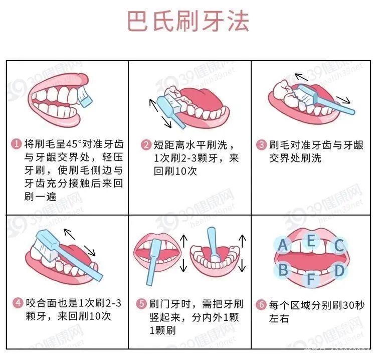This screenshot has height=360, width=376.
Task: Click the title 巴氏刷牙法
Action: [188, 22]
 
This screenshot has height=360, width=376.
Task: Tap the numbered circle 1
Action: [17, 144]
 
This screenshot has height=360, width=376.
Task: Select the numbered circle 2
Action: [146, 145]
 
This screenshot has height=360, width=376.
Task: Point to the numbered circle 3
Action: [261, 144]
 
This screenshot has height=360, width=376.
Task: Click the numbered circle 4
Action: [18, 303]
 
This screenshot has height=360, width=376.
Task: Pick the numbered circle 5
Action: [141, 304]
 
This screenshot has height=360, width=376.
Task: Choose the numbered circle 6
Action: [261, 305]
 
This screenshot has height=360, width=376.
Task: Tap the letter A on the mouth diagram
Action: [283, 245]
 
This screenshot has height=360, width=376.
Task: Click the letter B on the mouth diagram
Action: [283, 270]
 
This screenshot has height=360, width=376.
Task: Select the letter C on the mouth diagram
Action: [339, 245]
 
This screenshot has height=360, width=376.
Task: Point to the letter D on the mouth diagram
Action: [339, 270]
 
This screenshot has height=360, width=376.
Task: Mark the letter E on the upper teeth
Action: [311, 241]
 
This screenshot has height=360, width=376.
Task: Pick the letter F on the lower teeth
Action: [311, 279]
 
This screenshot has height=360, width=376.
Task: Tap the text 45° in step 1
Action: [74, 144]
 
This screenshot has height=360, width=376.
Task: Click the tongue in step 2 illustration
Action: [204, 98]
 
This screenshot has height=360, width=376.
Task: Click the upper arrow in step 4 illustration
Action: [70, 234]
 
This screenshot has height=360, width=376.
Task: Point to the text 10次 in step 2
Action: [186, 171]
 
